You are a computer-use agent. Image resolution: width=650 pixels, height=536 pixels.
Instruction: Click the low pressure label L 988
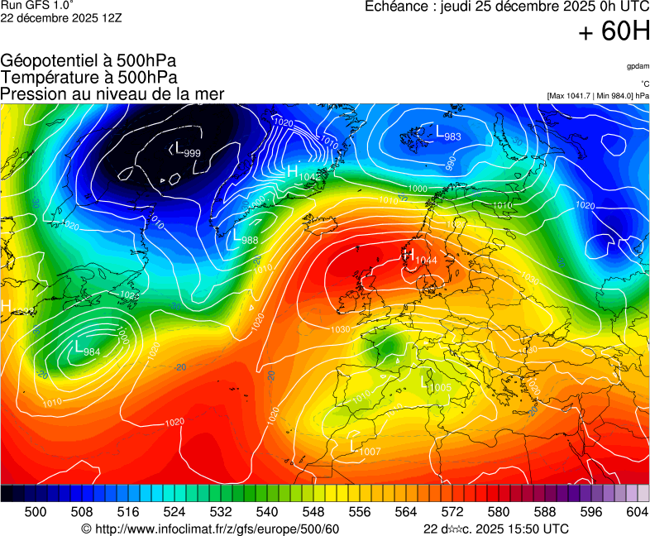pyautogui.click(x=245, y=237)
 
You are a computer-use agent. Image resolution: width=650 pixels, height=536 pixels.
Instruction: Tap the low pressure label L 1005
pyautogui.click(x=436, y=385)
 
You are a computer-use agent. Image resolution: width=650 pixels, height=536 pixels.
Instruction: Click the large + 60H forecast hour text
pyautogui.click(x=614, y=33)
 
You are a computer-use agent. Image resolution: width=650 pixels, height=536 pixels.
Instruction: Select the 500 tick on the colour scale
pyautogui.click(x=36, y=512)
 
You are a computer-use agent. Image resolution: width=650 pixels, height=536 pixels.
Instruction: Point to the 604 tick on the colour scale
pyautogui.click(x=636, y=512)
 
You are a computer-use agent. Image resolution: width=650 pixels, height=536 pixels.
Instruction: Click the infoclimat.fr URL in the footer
pyautogui.click(x=211, y=529)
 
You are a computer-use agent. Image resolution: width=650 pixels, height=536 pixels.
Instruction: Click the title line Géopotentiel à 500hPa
pyautogui.click(x=88, y=61)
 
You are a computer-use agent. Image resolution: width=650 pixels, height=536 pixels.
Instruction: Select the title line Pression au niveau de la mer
pyautogui.click(x=112, y=94)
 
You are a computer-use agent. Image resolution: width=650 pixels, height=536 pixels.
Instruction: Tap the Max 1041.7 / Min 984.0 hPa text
pyautogui.click(x=598, y=96)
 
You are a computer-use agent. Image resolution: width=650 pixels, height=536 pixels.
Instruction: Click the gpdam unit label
pyautogui.click(x=638, y=66)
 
